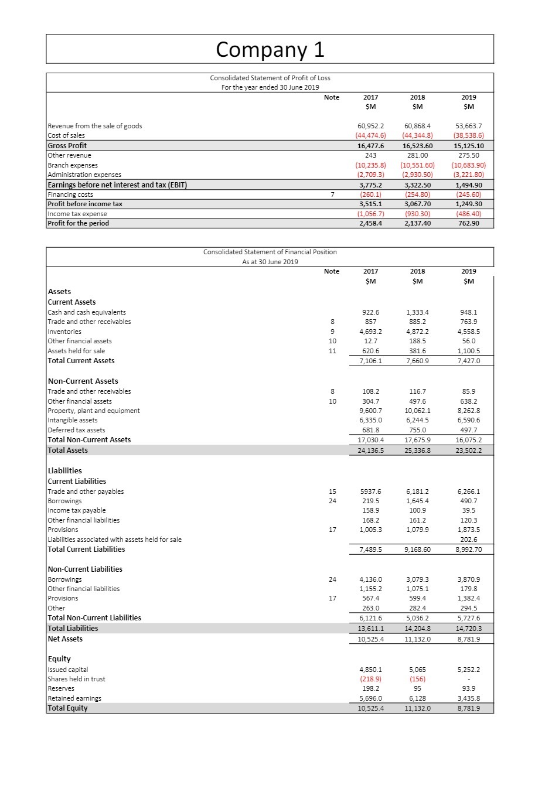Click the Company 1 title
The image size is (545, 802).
pyautogui.click(x=270, y=49)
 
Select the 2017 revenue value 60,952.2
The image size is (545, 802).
pyautogui.click(x=370, y=126)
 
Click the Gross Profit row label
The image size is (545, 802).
pyautogui.click(x=67, y=145)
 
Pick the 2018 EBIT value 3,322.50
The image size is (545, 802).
pyautogui.click(x=417, y=185)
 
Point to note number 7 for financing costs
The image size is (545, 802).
pyautogui.click(x=332, y=194)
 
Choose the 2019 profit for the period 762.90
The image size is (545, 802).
pyautogui.click(x=468, y=223)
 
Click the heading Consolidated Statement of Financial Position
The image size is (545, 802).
pyautogui.click(x=270, y=252)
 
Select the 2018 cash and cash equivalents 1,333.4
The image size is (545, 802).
pyautogui.click(x=417, y=312)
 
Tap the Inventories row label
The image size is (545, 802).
pyautogui.click(x=64, y=332)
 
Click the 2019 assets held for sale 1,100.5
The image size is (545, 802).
pyautogui.click(x=468, y=351)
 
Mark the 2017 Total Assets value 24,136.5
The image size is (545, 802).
pyautogui.click(x=370, y=451)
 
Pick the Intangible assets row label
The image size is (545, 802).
pyautogui.click(x=73, y=420)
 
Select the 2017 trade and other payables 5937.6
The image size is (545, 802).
pyautogui.click(x=370, y=492)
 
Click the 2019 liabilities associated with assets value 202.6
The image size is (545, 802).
pyautogui.click(x=468, y=540)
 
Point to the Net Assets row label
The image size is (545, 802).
pyautogui.click(x=65, y=639)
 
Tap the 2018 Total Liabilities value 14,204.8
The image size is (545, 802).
pyautogui.click(x=417, y=629)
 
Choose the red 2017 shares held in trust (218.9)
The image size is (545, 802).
pyautogui.click(x=370, y=679)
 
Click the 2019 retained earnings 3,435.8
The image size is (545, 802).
pyautogui.click(x=468, y=698)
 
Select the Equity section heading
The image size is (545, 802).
pyautogui.click(x=59, y=659)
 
